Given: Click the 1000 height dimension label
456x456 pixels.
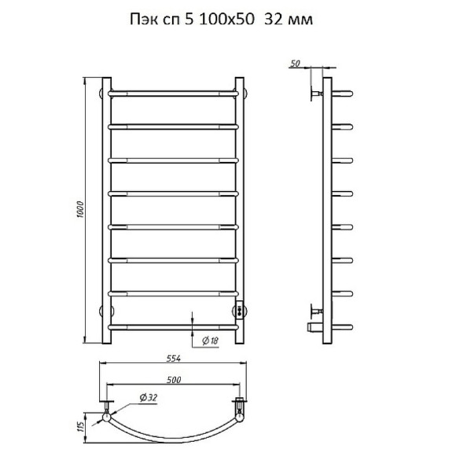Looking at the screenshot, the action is point(80,210).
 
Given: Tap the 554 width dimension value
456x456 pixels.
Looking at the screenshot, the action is point(173,359).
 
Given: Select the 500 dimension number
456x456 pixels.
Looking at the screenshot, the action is point(174,380).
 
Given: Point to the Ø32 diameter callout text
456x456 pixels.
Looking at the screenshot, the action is point(149,397).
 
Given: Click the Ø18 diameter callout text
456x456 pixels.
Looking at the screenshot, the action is point(210,340).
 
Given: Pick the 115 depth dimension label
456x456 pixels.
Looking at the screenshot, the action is point(81,427).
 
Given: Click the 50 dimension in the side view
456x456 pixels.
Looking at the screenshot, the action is point(295,64).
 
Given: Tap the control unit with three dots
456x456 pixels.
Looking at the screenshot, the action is point(240,311).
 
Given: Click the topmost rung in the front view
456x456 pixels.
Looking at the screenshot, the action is point(173,94).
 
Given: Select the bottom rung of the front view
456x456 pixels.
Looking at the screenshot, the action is point(173,328).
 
